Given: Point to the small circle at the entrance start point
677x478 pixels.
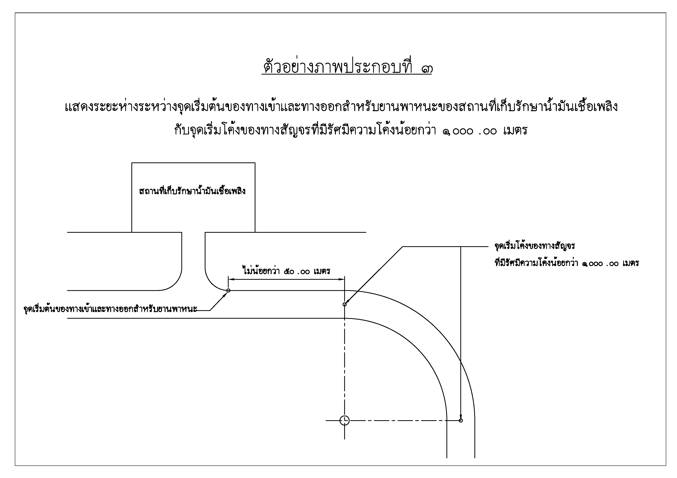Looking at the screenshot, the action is pos(228,290).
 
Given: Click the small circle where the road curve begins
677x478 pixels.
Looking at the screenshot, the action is pos(344,304).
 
